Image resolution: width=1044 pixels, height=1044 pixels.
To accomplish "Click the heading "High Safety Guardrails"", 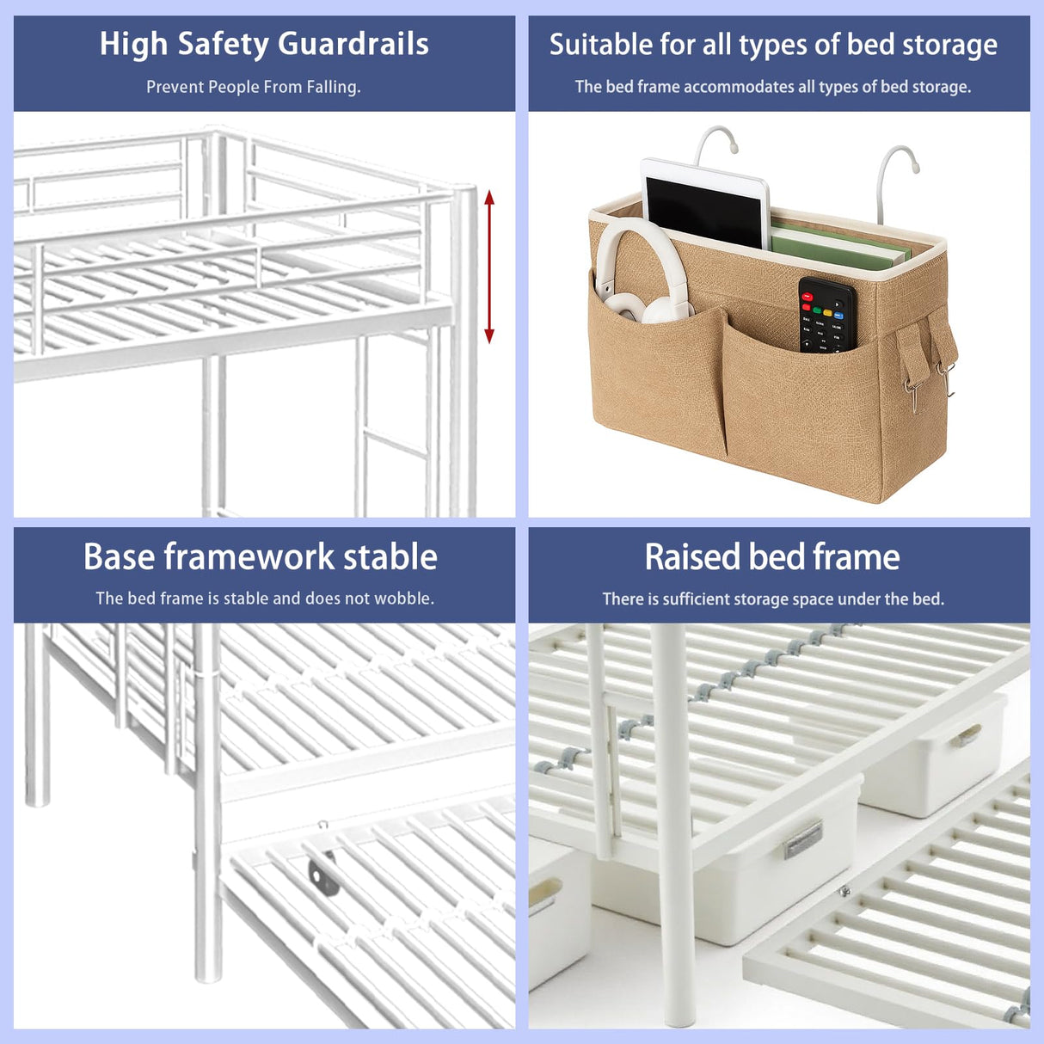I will point(264,44).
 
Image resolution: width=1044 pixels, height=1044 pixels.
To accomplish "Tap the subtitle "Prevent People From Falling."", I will point(253,87).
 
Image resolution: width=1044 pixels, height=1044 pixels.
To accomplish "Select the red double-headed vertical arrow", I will point(489,267).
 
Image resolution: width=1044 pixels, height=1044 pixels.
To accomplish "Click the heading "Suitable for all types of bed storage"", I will point(773,44).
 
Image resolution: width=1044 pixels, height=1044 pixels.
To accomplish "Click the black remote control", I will point(826,314).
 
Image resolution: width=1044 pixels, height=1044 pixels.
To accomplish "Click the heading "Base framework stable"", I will point(261,556).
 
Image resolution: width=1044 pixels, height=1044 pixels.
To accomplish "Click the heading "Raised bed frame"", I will point(772,556).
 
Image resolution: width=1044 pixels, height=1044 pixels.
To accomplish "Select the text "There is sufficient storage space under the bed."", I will point(773,599).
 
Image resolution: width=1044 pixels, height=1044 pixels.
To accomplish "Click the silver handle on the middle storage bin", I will point(803,838).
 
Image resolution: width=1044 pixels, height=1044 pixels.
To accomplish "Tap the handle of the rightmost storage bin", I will point(970,734).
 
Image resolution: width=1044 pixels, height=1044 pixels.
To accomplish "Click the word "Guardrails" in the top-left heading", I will point(353,44).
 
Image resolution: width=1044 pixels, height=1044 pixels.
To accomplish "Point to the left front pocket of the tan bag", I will point(658,378).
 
